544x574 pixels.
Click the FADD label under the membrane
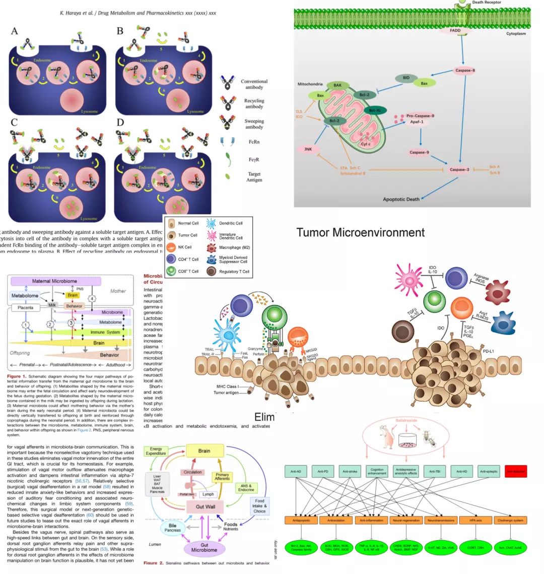455,31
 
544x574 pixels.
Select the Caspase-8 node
464,70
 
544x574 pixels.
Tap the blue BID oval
405,78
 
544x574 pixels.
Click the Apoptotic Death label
401,199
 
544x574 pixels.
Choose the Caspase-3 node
459,169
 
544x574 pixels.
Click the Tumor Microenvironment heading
360,233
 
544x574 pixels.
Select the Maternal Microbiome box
55,281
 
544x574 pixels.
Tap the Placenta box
26,307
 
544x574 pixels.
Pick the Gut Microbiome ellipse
204,547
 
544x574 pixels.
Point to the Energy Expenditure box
156,451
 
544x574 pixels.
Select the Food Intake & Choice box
259,506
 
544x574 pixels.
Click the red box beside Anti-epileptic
515,471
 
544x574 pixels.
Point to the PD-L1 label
487,351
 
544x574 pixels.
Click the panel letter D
120,122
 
